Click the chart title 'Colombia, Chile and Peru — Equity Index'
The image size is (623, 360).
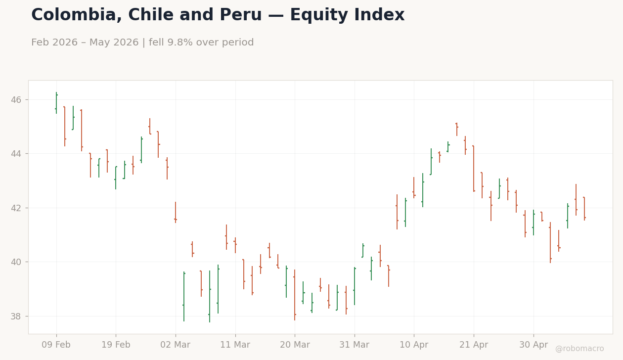click(218, 15)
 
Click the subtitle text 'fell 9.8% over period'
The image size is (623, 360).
click(201, 43)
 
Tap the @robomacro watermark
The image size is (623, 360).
click(579, 349)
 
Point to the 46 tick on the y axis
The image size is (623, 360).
click(16, 99)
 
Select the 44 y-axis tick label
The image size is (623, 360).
click(16, 154)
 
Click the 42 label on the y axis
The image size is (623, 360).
click(16, 208)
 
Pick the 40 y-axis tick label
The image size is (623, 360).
click(16, 262)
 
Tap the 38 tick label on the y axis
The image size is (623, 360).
click(16, 316)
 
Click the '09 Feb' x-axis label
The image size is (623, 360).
click(56, 345)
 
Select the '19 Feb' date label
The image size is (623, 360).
click(116, 345)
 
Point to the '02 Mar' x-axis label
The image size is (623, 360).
click(175, 345)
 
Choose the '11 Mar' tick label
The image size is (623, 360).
click(235, 345)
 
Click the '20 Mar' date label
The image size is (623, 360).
click(295, 345)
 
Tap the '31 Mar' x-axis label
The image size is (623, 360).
click(355, 345)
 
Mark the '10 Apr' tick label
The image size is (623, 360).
click(414, 345)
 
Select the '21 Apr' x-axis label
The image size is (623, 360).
click(474, 345)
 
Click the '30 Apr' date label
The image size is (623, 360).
click(534, 345)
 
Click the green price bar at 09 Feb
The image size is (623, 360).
click(56, 103)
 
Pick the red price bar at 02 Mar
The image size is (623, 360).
click(176, 212)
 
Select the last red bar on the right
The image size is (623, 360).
click(584, 209)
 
